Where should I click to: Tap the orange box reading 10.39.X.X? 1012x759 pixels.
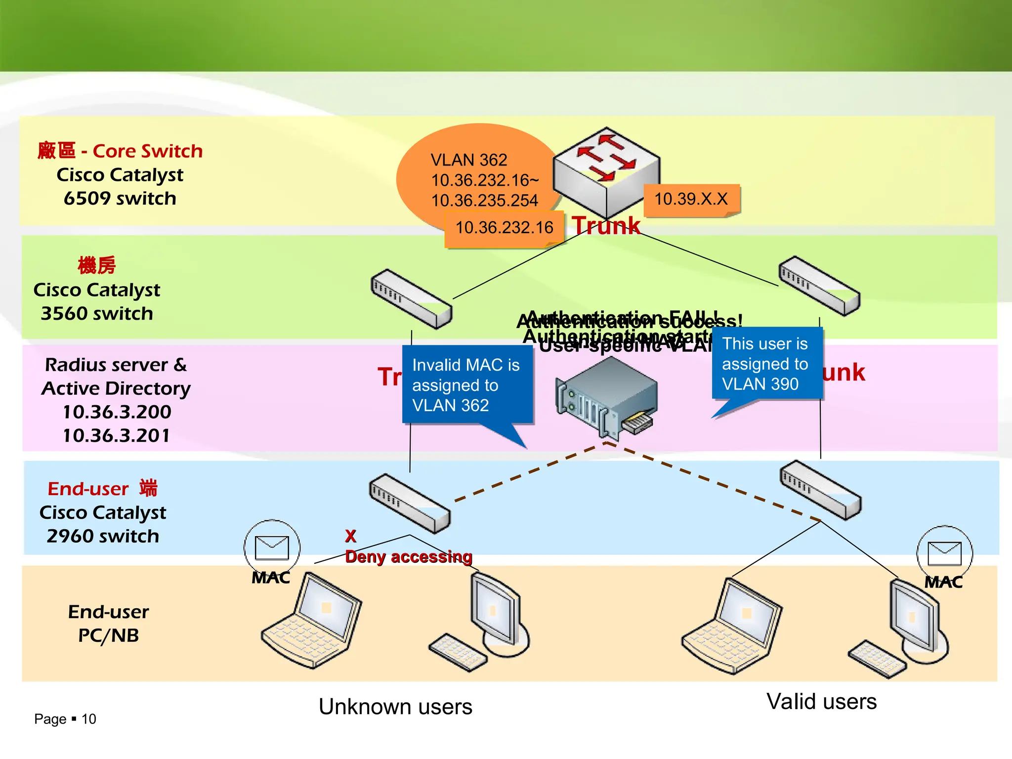(x=691, y=199)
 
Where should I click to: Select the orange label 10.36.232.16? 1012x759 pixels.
(x=504, y=228)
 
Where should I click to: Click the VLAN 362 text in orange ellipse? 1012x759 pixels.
(x=469, y=160)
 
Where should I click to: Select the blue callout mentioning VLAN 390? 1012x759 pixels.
(x=766, y=364)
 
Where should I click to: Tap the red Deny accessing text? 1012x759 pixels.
(x=409, y=557)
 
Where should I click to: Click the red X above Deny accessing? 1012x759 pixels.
(x=350, y=536)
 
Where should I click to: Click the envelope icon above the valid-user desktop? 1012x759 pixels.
(x=944, y=553)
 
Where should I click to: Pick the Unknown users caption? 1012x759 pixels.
(x=395, y=707)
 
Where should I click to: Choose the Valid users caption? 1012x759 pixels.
(x=821, y=701)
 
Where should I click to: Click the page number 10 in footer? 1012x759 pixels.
(x=89, y=719)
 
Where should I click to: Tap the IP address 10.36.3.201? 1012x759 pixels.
(x=117, y=435)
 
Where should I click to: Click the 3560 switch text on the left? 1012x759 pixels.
(x=97, y=314)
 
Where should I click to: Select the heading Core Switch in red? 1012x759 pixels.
(x=147, y=151)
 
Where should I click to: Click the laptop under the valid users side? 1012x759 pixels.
(x=731, y=625)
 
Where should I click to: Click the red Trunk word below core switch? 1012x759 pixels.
(x=606, y=226)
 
